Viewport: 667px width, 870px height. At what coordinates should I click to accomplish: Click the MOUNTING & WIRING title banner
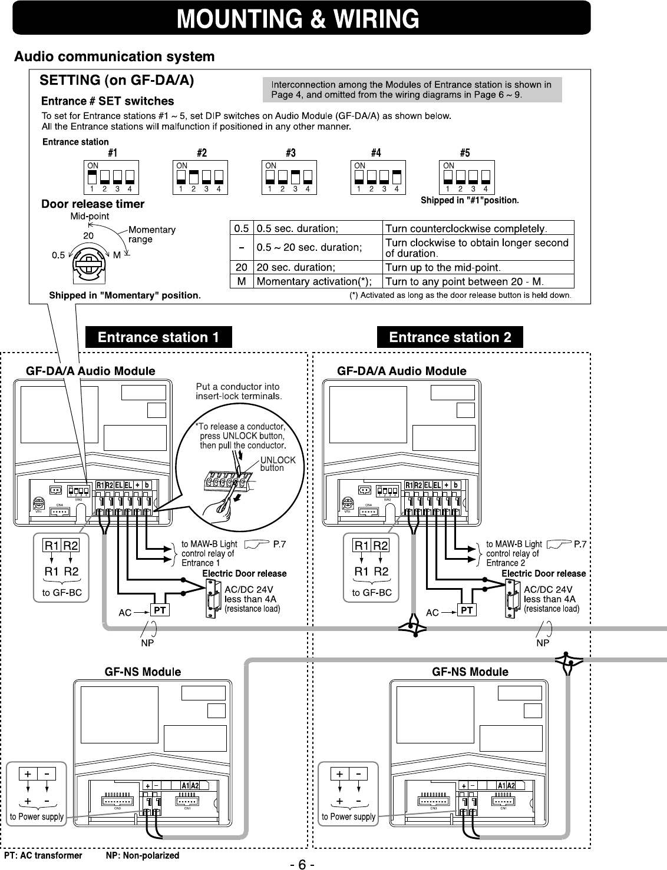[x=301, y=18]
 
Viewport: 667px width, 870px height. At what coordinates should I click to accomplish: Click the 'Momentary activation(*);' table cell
[x=313, y=281]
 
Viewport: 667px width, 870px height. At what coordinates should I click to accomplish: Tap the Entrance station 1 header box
[x=159, y=337]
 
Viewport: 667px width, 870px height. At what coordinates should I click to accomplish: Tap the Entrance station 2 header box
[x=450, y=337]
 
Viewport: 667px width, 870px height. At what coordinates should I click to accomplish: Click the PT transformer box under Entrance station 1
[x=159, y=610]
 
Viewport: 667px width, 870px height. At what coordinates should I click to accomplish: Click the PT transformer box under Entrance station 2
[x=467, y=610]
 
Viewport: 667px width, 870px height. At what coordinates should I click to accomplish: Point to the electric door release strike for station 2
[x=510, y=598]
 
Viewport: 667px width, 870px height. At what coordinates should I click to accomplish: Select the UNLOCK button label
[x=278, y=464]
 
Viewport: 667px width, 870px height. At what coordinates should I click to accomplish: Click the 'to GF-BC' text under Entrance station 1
[x=62, y=593]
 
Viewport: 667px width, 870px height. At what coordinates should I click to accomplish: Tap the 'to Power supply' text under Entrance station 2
[x=348, y=816]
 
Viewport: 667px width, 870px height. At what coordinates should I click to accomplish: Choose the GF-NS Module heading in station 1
[x=143, y=672]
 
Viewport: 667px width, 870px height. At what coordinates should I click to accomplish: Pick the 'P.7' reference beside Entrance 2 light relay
[x=580, y=544]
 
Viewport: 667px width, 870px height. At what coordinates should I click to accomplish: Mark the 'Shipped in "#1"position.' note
[x=470, y=201]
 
